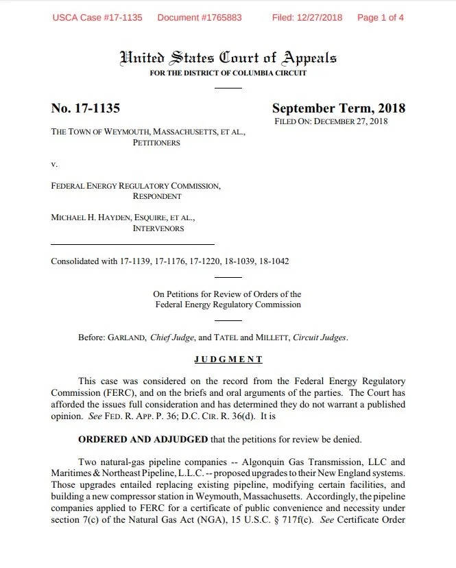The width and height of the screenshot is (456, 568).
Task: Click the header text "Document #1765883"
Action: [200, 17]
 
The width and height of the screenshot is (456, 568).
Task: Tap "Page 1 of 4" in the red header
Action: [380, 17]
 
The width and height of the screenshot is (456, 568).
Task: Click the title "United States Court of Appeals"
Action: [228, 58]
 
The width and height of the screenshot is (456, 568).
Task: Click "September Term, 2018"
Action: [338, 108]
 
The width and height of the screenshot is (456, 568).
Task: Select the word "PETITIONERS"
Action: [156, 143]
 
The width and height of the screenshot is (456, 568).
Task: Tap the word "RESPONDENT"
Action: [157, 196]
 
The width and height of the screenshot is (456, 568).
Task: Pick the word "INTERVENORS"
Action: [158, 228]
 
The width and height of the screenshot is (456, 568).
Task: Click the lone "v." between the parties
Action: [54, 164]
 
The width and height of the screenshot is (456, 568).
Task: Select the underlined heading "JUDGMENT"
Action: [228, 359]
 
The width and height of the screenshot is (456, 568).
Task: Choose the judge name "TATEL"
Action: [226, 338]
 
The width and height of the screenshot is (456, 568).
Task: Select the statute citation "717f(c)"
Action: [338, 519]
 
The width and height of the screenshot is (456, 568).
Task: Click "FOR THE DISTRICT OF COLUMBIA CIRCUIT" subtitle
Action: [228, 73]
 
